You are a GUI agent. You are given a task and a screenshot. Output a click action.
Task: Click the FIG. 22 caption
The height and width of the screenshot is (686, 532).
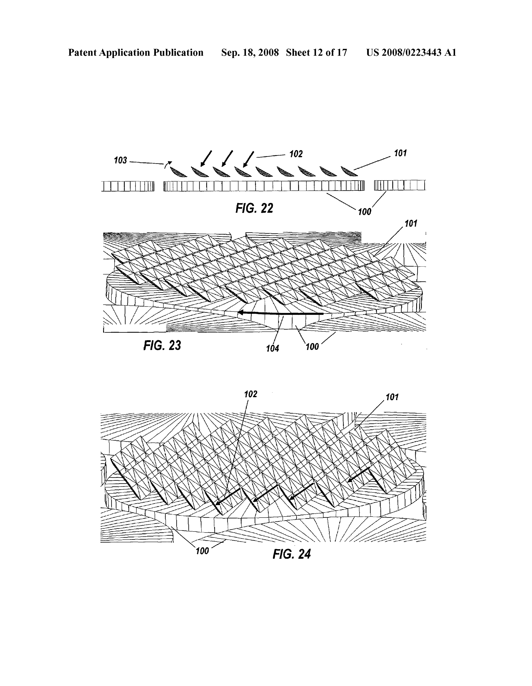point(254,208)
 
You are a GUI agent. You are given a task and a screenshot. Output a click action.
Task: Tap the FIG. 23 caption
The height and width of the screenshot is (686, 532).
point(162,345)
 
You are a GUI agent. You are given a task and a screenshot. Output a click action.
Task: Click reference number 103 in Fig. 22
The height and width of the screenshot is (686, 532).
point(120,160)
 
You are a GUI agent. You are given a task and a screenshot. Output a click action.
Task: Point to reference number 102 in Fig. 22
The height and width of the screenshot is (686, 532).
point(296,154)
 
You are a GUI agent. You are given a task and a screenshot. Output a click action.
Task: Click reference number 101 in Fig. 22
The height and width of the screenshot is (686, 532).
point(400,153)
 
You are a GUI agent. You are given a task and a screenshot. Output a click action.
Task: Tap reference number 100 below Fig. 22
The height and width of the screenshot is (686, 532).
point(364,212)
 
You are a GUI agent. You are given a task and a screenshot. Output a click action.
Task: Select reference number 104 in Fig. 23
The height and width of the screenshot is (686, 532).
point(272,348)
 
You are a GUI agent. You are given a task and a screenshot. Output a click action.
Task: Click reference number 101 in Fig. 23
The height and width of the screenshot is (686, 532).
point(411,224)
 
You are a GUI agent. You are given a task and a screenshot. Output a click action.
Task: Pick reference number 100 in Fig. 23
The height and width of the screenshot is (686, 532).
point(312,347)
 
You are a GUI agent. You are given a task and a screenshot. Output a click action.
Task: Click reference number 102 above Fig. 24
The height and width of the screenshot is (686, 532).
point(251,394)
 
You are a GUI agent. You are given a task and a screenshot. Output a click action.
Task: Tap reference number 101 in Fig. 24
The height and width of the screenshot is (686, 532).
point(392,397)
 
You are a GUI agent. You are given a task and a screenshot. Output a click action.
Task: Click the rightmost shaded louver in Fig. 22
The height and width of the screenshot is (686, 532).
point(349,171)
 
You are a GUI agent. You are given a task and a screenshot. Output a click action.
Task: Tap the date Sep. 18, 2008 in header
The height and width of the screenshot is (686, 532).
point(250,52)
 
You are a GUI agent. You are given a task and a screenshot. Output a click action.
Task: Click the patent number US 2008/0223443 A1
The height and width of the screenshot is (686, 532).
point(411,52)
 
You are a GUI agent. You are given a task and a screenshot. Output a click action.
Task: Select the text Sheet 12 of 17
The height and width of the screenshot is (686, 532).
point(316,52)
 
